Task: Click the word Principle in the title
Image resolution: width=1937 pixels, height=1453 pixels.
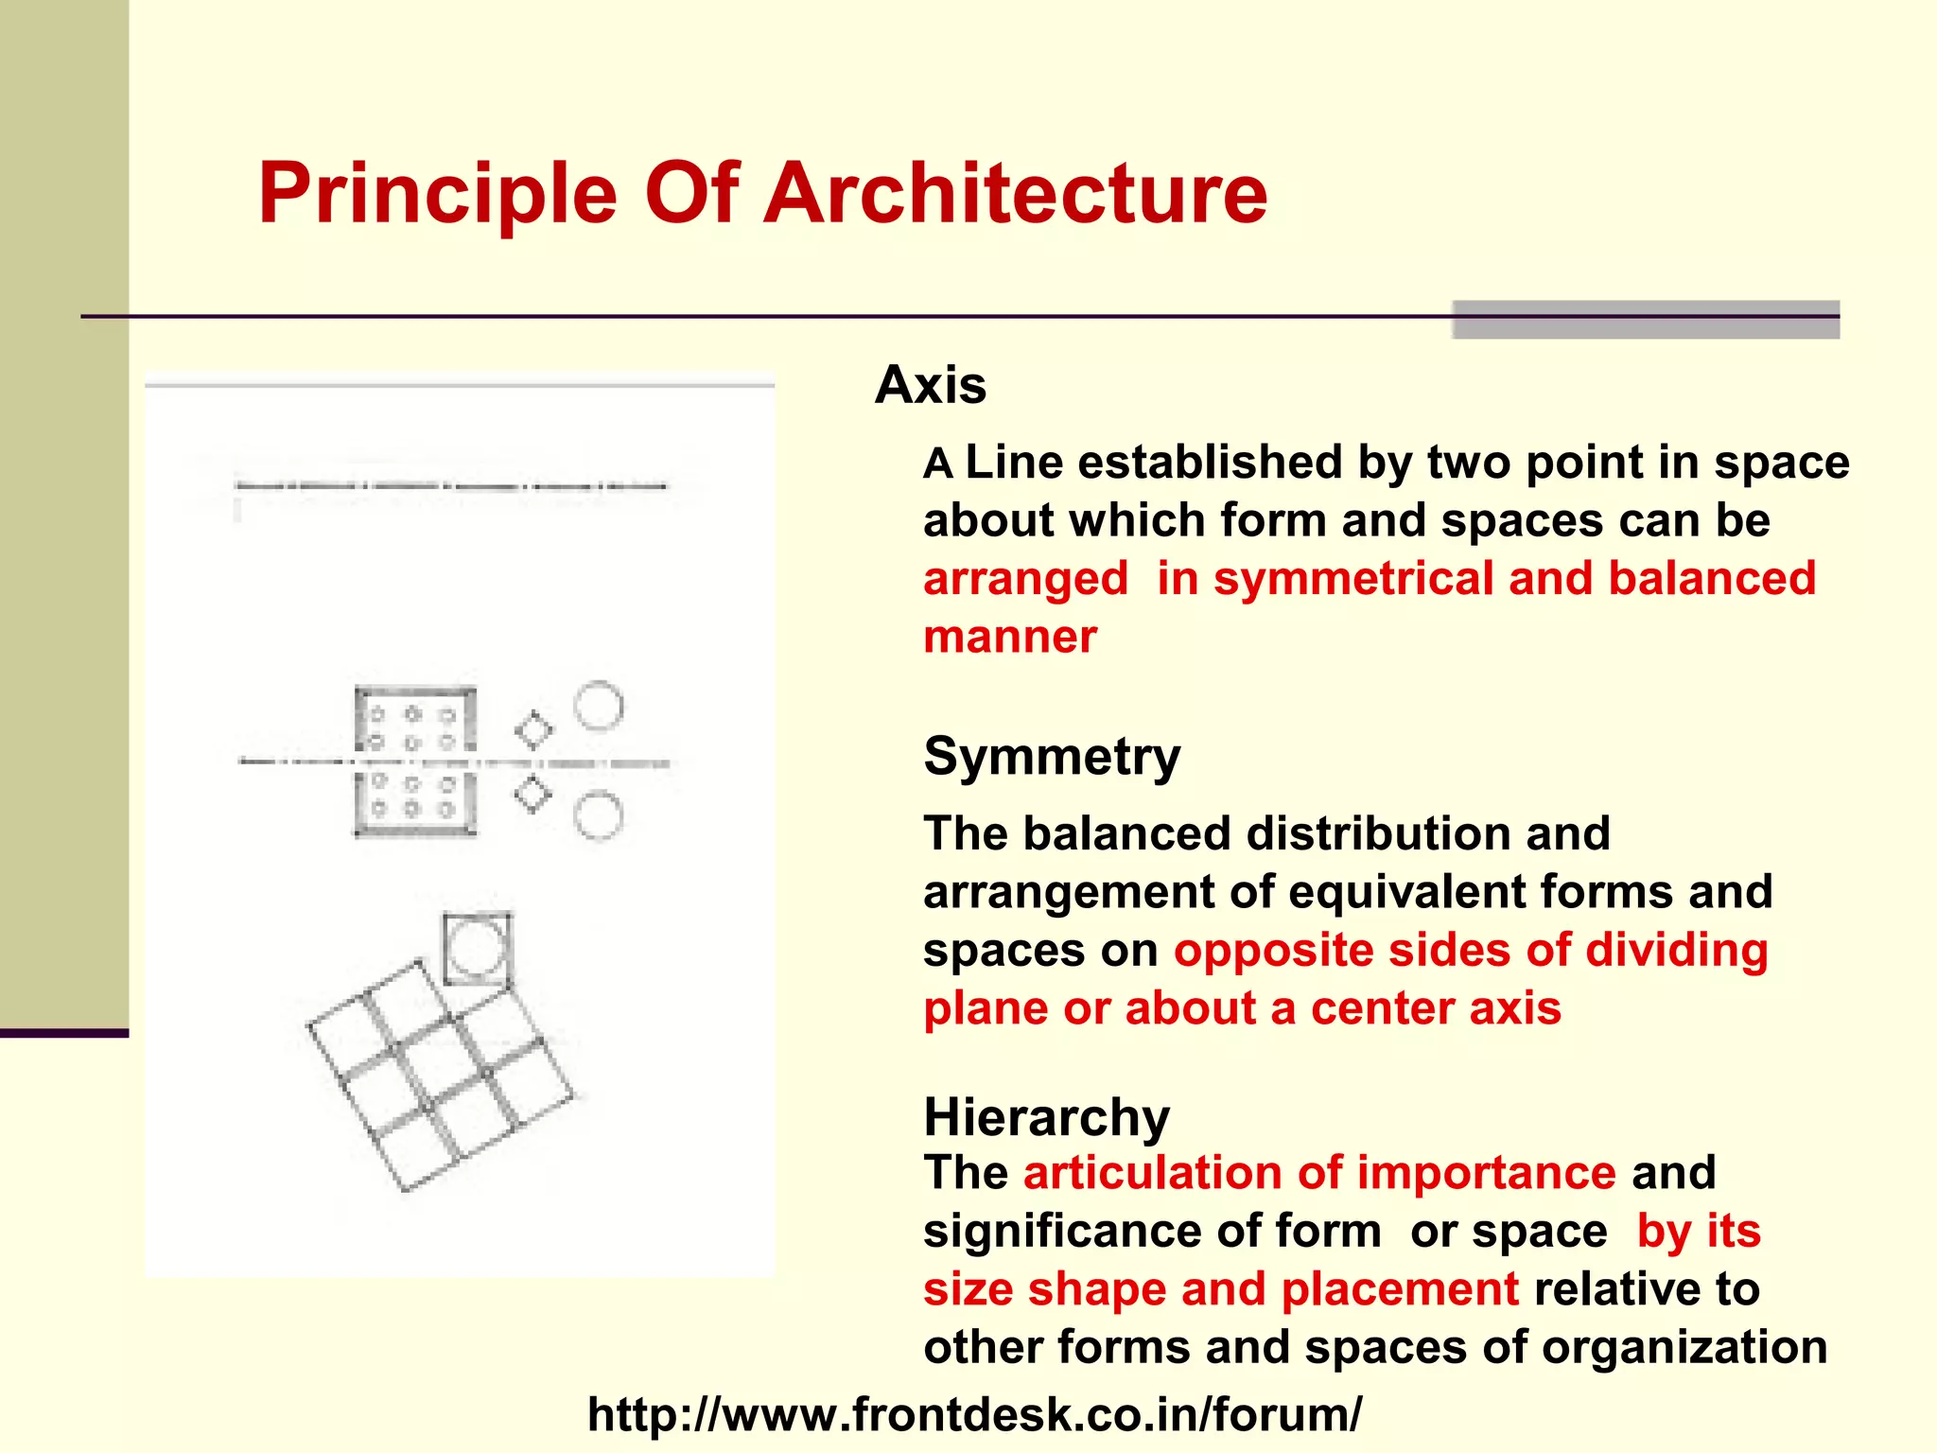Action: click(x=437, y=194)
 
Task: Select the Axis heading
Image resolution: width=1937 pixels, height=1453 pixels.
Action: click(x=931, y=385)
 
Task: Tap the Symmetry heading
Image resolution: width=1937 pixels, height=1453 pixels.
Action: click(x=1052, y=757)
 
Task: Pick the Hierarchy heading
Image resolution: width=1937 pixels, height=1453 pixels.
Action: click(x=1046, y=1116)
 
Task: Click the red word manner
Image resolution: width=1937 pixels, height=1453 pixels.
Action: click(x=1010, y=637)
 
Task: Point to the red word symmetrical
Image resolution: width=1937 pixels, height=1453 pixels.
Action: click(x=1354, y=579)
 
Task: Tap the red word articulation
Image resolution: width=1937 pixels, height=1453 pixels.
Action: click(x=1153, y=1173)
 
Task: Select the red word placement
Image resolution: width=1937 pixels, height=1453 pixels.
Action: click(x=1400, y=1289)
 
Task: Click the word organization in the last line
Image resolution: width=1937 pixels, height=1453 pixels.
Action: click(x=1684, y=1347)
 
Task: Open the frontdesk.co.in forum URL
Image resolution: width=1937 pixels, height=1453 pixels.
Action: click(x=974, y=1415)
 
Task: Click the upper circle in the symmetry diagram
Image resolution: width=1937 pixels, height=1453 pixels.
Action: click(x=599, y=706)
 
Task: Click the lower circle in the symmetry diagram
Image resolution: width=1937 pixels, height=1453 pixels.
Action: click(x=599, y=815)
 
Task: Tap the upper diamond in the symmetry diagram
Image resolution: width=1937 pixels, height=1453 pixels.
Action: click(x=533, y=730)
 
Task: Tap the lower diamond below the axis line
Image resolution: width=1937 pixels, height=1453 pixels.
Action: click(x=533, y=795)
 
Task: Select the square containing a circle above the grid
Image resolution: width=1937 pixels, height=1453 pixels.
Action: click(x=478, y=948)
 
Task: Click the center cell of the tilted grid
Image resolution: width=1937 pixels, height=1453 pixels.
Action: click(x=441, y=1076)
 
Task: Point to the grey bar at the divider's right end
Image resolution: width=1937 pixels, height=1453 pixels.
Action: click(x=1645, y=320)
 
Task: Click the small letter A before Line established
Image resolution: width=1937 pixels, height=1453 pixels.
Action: click(x=937, y=464)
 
